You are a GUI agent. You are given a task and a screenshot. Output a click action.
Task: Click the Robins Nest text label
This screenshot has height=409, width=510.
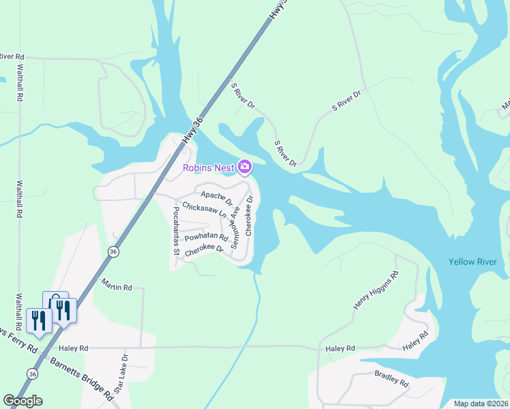207,168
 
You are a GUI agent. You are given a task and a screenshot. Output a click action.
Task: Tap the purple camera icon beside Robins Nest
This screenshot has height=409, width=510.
244,166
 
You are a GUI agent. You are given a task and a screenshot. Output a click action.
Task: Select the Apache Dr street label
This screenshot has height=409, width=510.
217,198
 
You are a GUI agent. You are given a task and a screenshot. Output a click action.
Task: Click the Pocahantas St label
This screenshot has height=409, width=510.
176,231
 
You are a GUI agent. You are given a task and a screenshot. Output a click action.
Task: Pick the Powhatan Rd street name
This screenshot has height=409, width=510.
207,237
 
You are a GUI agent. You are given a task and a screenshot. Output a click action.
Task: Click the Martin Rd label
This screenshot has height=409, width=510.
116,286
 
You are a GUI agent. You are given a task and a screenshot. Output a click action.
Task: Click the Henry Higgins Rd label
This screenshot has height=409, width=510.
374,291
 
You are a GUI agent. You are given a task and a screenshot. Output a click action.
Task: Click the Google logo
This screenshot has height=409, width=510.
23,400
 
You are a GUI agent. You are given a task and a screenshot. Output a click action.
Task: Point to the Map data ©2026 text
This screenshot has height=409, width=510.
480,404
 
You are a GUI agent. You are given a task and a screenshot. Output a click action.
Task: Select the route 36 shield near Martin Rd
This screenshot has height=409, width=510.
112,252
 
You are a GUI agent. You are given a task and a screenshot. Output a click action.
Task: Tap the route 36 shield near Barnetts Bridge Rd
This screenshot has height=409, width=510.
33,374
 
